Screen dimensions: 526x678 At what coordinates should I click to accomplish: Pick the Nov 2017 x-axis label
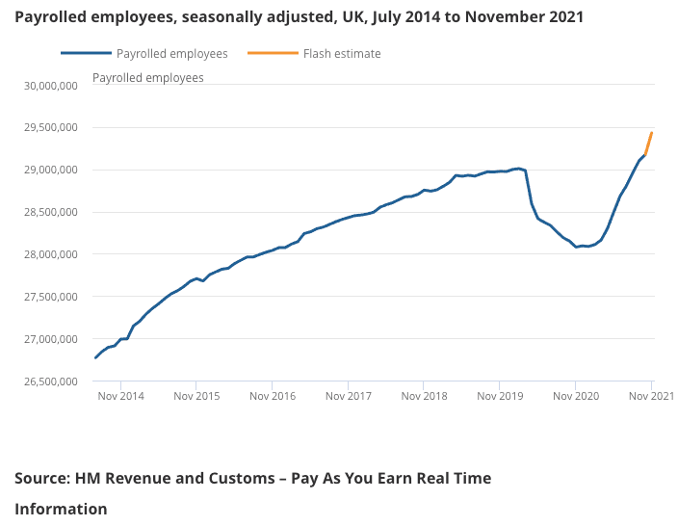pos(348,396)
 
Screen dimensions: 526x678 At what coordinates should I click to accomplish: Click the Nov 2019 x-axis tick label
pos(500,396)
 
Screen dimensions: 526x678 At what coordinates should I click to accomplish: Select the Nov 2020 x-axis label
pos(576,396)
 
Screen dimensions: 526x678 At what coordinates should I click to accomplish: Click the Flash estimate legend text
pos(342,54)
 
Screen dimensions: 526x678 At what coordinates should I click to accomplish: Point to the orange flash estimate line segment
pos(649,144)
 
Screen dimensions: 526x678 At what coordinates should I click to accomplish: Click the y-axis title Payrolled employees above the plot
pos(148,78)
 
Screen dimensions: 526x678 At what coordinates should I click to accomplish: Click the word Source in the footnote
pos(43,478)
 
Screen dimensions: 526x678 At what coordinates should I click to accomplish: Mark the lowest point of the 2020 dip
pos(576,247)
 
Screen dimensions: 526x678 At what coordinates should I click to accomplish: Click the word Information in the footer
pos(61,509)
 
